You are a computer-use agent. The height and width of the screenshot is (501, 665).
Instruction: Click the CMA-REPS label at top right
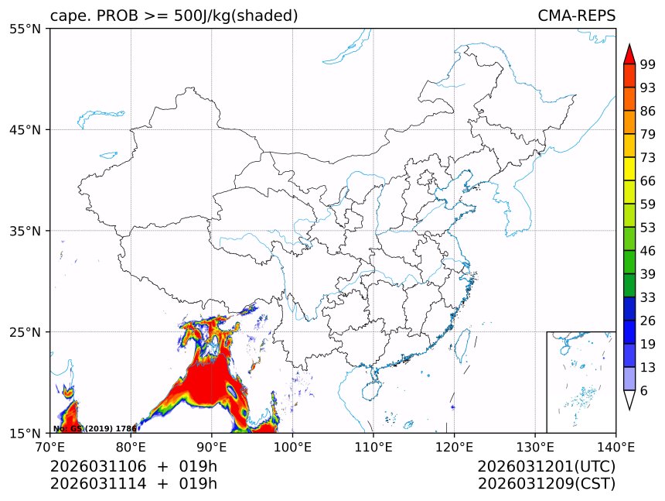pyautogui.click(x=576, y=15)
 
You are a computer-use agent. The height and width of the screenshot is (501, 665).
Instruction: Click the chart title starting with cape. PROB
pyautogui.click(x=174, y=15)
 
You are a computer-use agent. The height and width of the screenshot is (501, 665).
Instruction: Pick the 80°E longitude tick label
pyautogui.click(x=131, y=446)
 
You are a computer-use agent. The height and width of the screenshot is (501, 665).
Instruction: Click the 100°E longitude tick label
pyautogui.click(x=292, y=446)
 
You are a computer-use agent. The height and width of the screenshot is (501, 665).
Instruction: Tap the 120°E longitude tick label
pyautogui.click(x=454, y=446)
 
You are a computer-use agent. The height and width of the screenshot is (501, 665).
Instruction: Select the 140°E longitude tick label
pyautogui.click(x=616, y=446)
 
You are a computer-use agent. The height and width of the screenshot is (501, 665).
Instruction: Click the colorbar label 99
pyautogui.click(x=647, y=65)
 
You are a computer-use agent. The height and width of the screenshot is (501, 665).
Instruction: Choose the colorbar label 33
pyautogui.click(x=647, y=297)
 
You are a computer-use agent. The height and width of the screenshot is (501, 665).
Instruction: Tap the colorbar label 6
pyautogui.click(x=644, y=391)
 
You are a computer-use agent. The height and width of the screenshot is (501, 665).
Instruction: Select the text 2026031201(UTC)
pyautogui.click(x=546, y=466)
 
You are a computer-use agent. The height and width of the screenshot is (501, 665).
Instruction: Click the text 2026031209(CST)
pyautogui.click(x=546, y=484)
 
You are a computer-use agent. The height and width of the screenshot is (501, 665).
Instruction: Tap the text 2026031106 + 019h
pyautogui.click(x=134, y=466)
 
